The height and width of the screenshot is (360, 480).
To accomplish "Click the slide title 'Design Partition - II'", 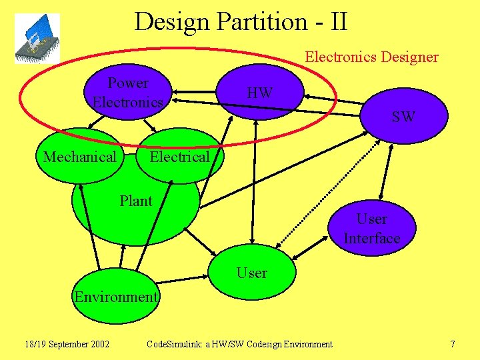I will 240,21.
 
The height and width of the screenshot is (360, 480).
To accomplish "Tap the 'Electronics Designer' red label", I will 371,57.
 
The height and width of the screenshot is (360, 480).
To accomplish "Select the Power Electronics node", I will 128,93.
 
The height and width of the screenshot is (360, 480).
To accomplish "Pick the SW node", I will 403,117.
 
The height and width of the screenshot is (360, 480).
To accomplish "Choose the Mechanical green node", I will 79,157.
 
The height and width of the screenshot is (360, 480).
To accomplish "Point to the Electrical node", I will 179,157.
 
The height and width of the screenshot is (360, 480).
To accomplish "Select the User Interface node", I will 371,229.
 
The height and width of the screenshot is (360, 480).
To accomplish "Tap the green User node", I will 251,273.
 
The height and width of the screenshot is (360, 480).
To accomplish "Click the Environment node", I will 116,297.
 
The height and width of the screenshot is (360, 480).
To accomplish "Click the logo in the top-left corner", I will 37,39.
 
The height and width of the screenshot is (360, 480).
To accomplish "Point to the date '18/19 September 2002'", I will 67,344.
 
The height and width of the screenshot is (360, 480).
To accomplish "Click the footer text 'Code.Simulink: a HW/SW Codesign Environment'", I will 239,344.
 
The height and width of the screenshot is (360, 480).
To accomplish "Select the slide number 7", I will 453,344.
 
